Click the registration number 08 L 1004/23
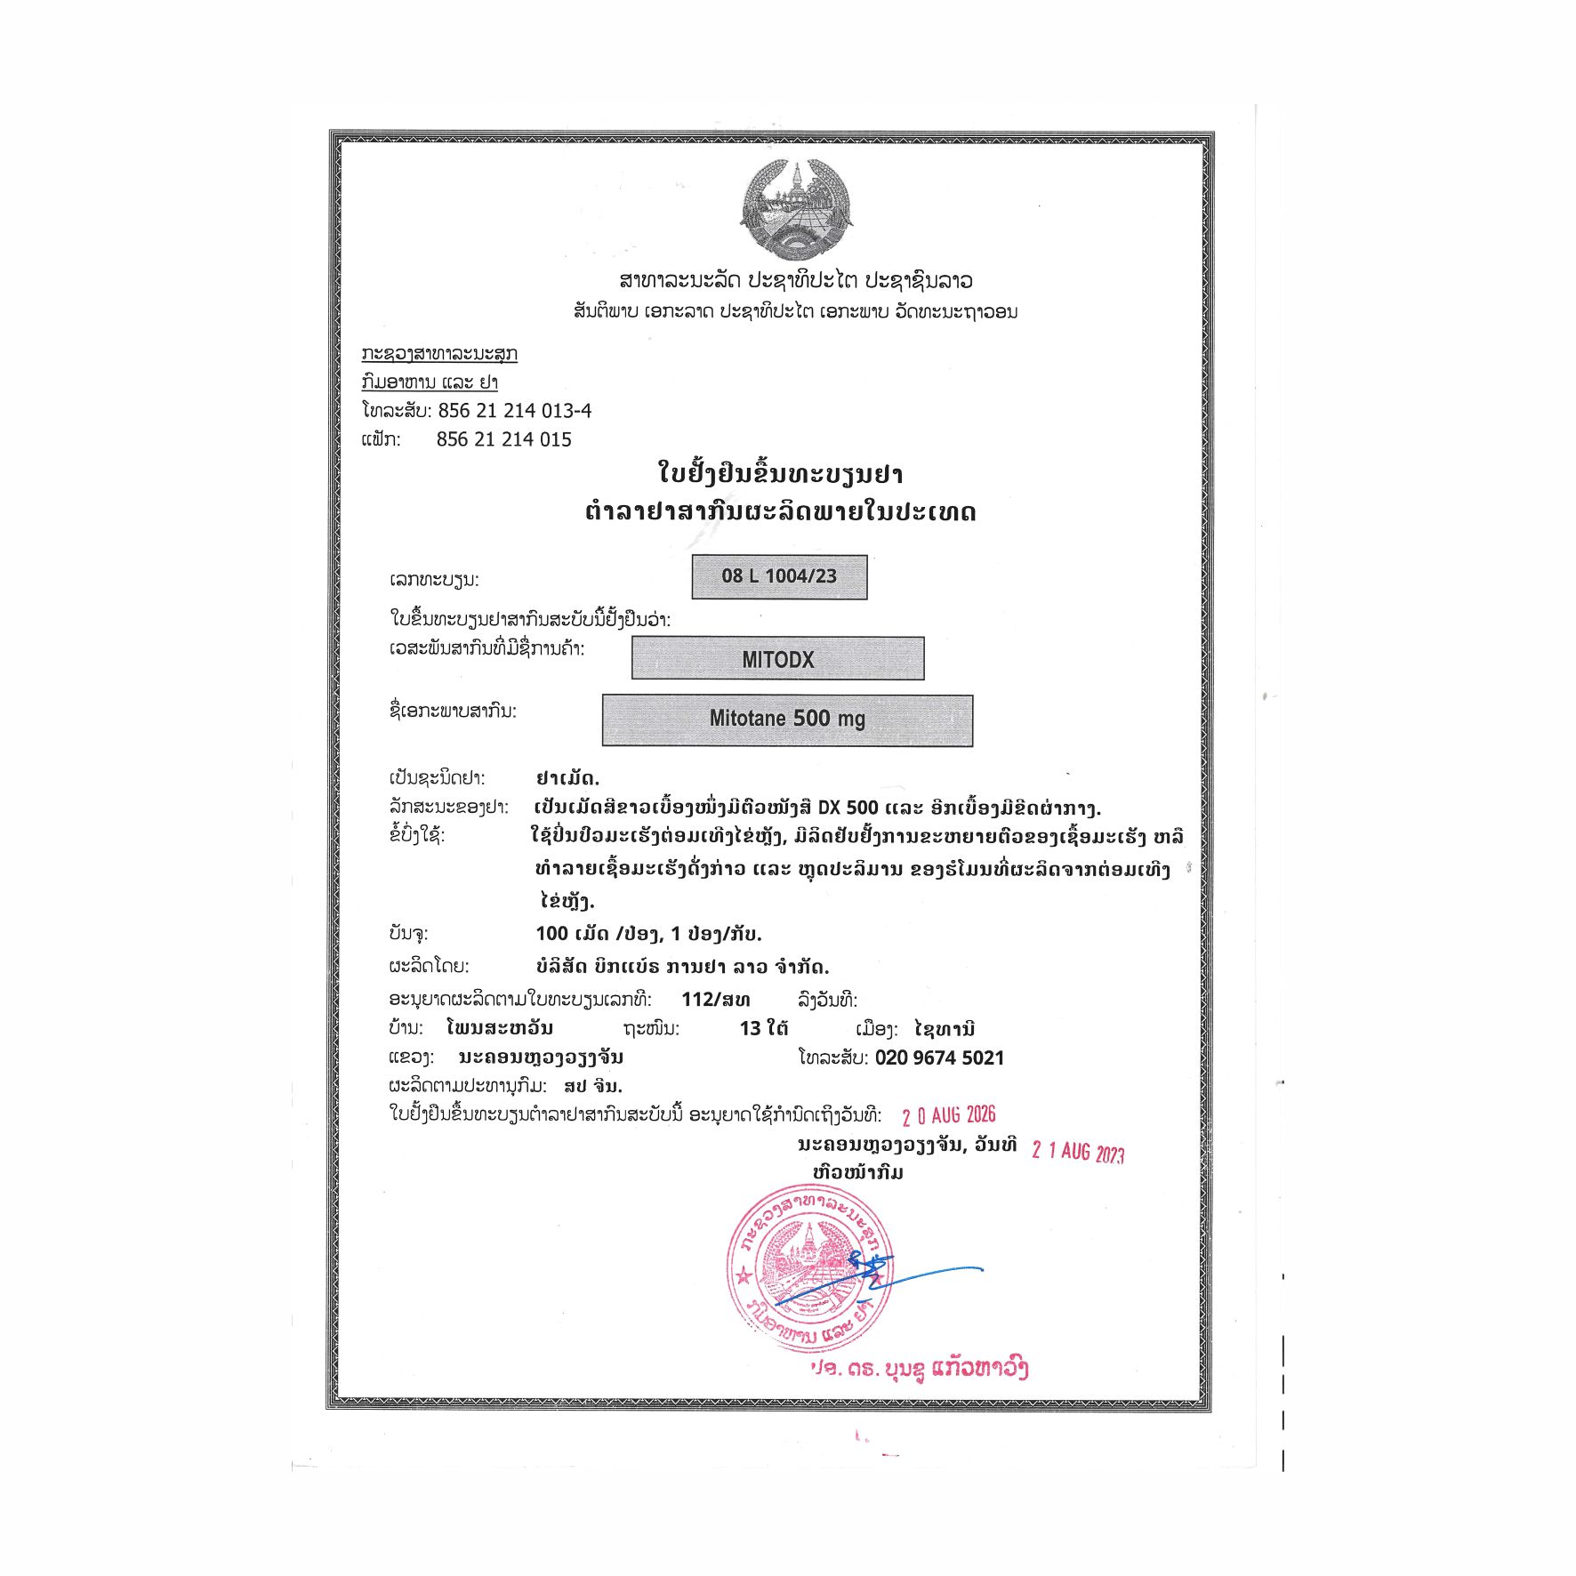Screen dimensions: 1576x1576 point(779,576)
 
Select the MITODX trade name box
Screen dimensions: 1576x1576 point(777,659)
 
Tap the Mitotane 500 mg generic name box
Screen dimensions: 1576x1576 point(787,719)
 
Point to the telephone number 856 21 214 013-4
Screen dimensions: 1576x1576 point(514,411)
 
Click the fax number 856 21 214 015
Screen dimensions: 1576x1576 point(503,439)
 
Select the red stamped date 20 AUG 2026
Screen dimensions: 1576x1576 point(948,1115)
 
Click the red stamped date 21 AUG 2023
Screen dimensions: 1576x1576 point(1077,1152)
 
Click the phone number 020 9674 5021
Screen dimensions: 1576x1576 point(939,1057)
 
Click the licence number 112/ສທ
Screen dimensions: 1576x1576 point(715,999)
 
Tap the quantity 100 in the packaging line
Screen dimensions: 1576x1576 point(551,933)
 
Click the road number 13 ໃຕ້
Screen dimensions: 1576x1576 point(763,1028)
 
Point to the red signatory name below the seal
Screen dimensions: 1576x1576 point(920,1369)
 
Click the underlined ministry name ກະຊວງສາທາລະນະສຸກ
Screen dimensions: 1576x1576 point(439,354)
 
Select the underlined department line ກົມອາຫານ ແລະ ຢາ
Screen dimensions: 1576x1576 point(430,382)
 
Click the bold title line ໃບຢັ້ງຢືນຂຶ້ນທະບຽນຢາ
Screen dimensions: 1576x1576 point(780,472)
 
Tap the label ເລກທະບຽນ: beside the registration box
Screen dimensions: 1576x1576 point(434,580)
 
